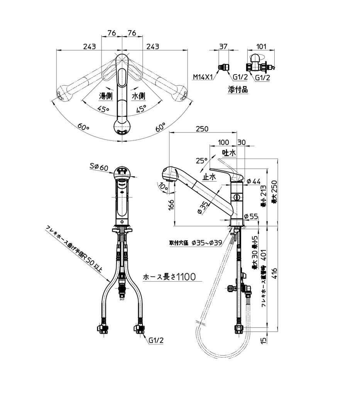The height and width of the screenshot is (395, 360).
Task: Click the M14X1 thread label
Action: coord(203,77)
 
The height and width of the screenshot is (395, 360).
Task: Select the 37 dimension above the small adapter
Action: coord(223,47)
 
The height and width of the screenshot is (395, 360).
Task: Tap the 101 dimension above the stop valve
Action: coord(261,47)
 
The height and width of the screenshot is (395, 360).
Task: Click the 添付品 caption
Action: coord(238,90)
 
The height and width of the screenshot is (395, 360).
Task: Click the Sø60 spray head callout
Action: coord(98,167)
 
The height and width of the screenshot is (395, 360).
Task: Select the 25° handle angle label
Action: coord(201,160)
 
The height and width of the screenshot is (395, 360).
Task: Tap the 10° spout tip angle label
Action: coord(162,188)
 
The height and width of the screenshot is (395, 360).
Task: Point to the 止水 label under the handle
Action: coord(209,177)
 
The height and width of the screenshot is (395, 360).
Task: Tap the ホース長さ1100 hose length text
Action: coord(169,277)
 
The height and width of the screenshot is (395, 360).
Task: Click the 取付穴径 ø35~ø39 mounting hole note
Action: coord(196,243)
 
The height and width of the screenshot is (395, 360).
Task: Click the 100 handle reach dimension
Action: coord(223,142)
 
